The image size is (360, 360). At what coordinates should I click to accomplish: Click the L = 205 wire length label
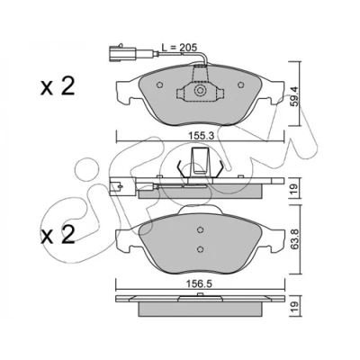click(x=179, y=47)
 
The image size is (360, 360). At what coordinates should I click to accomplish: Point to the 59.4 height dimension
click(x=294, y=96)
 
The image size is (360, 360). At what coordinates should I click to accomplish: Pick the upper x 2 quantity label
click(x=57, y=87)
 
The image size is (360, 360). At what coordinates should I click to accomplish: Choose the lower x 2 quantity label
click(x=57, y=235)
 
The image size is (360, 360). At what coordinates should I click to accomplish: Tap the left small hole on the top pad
click(x=160, y=85)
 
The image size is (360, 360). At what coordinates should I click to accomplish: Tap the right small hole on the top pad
click(x=240, y=85)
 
